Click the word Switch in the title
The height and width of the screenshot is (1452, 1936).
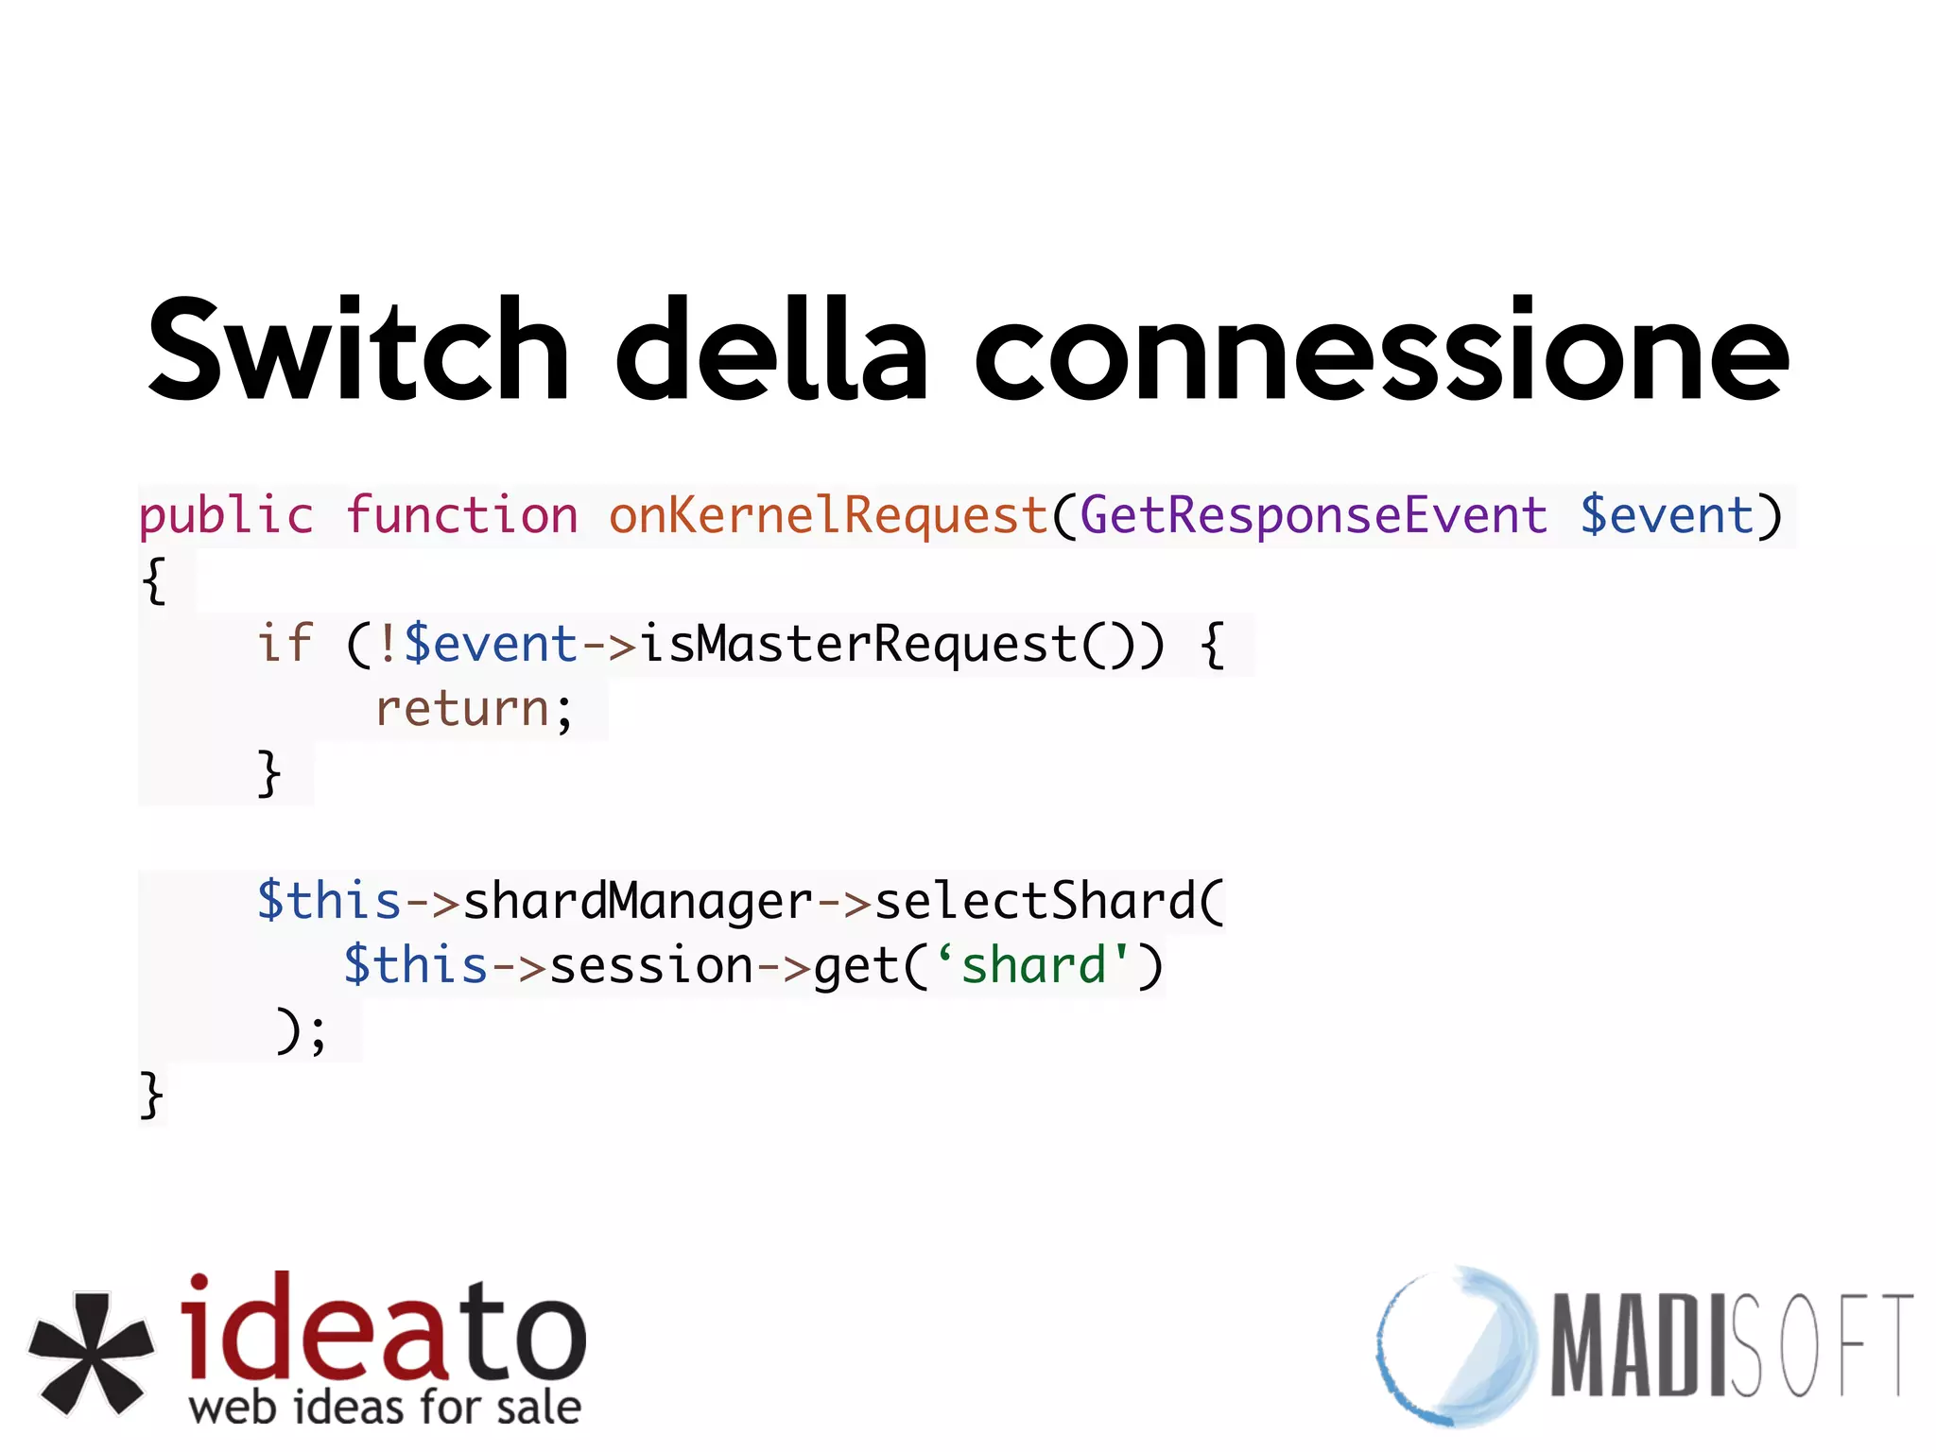point(357,350)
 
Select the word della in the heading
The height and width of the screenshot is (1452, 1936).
point(771,350)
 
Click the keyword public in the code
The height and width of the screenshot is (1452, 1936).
point(226,516)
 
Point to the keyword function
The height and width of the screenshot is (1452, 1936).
point(461,516)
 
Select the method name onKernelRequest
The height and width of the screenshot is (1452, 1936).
point(828,516)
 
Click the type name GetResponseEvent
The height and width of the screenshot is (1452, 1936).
point(1313,516)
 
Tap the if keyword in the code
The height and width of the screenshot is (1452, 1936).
point(285,645)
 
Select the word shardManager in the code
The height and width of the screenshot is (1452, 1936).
point(638,901)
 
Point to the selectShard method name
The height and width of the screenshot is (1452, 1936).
point(1035,901)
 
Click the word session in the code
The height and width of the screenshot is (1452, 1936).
point(651,966)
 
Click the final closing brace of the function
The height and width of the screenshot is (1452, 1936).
point(151,1096)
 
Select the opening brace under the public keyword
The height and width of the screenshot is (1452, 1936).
point(154,579)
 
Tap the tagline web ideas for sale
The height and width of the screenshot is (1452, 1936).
point(385,1407)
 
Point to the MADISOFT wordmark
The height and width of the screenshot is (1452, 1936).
point(1731,1344)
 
